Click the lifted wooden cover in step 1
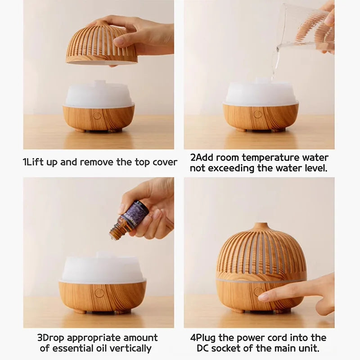point(101,45)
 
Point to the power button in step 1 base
point(97,115)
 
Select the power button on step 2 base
point(257,114)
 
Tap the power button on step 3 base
point(99,293)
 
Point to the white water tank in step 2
point(261,94)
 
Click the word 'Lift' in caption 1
point(36,162)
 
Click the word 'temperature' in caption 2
point(276,157)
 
